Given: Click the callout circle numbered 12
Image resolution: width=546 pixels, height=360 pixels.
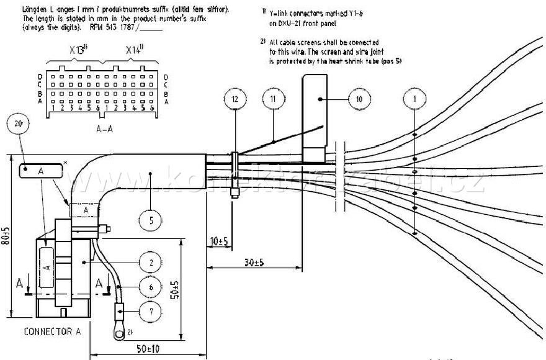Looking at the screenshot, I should point(234,99).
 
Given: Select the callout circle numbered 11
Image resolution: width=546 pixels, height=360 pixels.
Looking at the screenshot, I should point(274,99).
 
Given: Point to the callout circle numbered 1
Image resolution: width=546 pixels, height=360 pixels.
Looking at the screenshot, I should point(414,99).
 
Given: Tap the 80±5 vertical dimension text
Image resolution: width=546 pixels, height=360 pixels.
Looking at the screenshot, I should point(6,235).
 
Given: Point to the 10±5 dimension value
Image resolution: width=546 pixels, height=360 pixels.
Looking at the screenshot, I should point(218,240).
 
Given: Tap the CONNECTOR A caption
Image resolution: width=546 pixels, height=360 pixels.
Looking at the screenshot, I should point(52,331).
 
